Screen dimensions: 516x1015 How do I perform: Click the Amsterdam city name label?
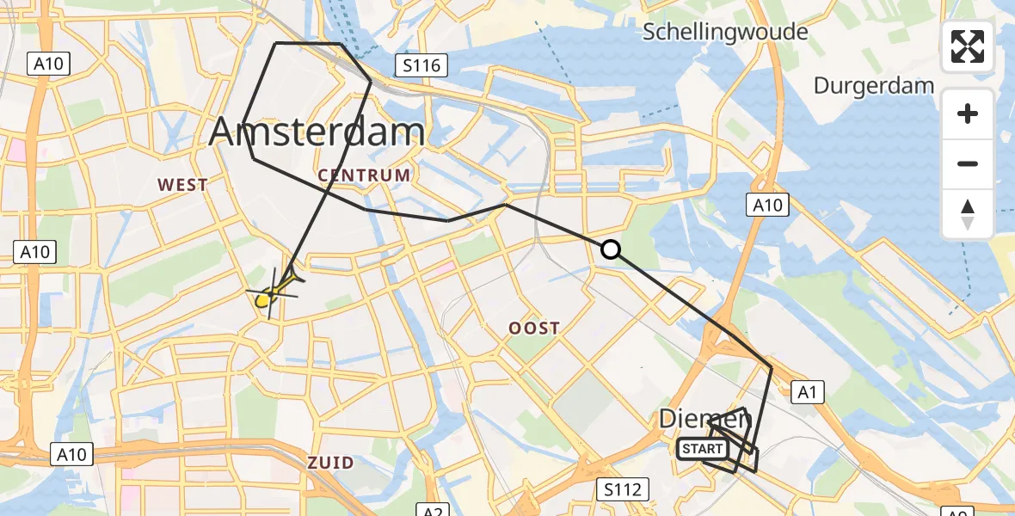pyautogui.click(x=317, y=132)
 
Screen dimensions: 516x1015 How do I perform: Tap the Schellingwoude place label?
pyautogui.click(x=727, y=33)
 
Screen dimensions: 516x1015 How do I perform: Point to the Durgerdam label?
pyautogui.click(x=874, y=86)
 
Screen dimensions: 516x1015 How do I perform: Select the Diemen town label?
pyautogui.click(x=705, y=420)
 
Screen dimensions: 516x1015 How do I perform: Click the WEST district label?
pyautogui.click(x=181, y=184)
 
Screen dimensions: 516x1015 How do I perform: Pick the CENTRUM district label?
pyautogui.click(x=364, y=175)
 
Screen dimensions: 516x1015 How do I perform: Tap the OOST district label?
pyautogui.click(x=534, y=328)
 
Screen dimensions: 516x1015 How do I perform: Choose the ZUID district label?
pyautogui.click(x=330, y=463)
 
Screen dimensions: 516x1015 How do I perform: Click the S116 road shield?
pyautogui.click(x=418, y=65)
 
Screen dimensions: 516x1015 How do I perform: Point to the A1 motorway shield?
pyautogui.click(x=807, y=393)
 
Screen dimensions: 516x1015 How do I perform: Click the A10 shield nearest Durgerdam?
pyautogui.click(x=766, y=205)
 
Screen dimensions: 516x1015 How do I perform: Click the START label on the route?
pyautogui.click(x=703, y=449)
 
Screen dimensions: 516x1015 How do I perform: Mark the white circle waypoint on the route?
pyautogui.click(x=610, y=249)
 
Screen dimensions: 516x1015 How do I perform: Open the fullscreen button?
pyautogui.click(x=968, y=46)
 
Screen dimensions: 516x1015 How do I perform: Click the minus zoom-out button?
pyautogui.click(x=968, y=163)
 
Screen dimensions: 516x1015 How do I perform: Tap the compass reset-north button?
pyautogui.click(x=968, y=213)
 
